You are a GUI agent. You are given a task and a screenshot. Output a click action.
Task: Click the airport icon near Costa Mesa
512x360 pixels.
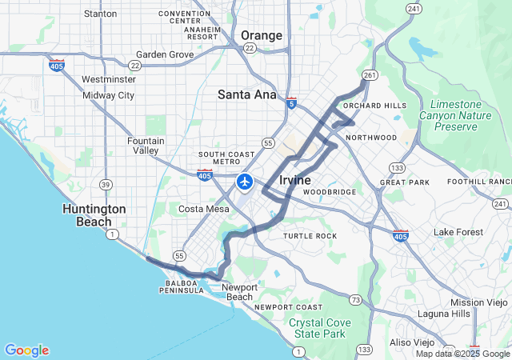(245, 182)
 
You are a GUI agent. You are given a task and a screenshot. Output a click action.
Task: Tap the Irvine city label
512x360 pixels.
(295, 180)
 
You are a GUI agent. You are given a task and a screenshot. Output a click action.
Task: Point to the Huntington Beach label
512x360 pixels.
(94, 215)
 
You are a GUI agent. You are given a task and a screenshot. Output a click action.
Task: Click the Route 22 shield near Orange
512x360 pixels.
(250, 48)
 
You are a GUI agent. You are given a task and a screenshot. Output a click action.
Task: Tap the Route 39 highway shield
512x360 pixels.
(105, 185)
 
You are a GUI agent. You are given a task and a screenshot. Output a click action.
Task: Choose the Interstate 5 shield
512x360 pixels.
(291, 103)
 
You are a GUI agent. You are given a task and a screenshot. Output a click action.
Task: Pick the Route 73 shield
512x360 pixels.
(355, 299)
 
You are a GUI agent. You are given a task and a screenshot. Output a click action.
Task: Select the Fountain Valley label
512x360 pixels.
(146, 146)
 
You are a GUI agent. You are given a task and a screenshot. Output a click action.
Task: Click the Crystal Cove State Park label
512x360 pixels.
(318, 327)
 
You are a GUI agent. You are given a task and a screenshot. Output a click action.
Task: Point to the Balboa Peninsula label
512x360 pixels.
(185, 286)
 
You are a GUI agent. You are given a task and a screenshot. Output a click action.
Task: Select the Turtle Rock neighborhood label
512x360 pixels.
(310, 236)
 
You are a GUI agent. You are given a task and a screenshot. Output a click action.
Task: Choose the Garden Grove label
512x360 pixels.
(165, 54)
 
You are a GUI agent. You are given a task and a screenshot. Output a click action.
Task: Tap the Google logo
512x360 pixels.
(26, 350)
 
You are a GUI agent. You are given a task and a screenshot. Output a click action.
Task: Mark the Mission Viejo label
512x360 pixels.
(478, 302)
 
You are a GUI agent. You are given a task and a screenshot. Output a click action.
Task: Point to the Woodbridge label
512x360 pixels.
(329, 193)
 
